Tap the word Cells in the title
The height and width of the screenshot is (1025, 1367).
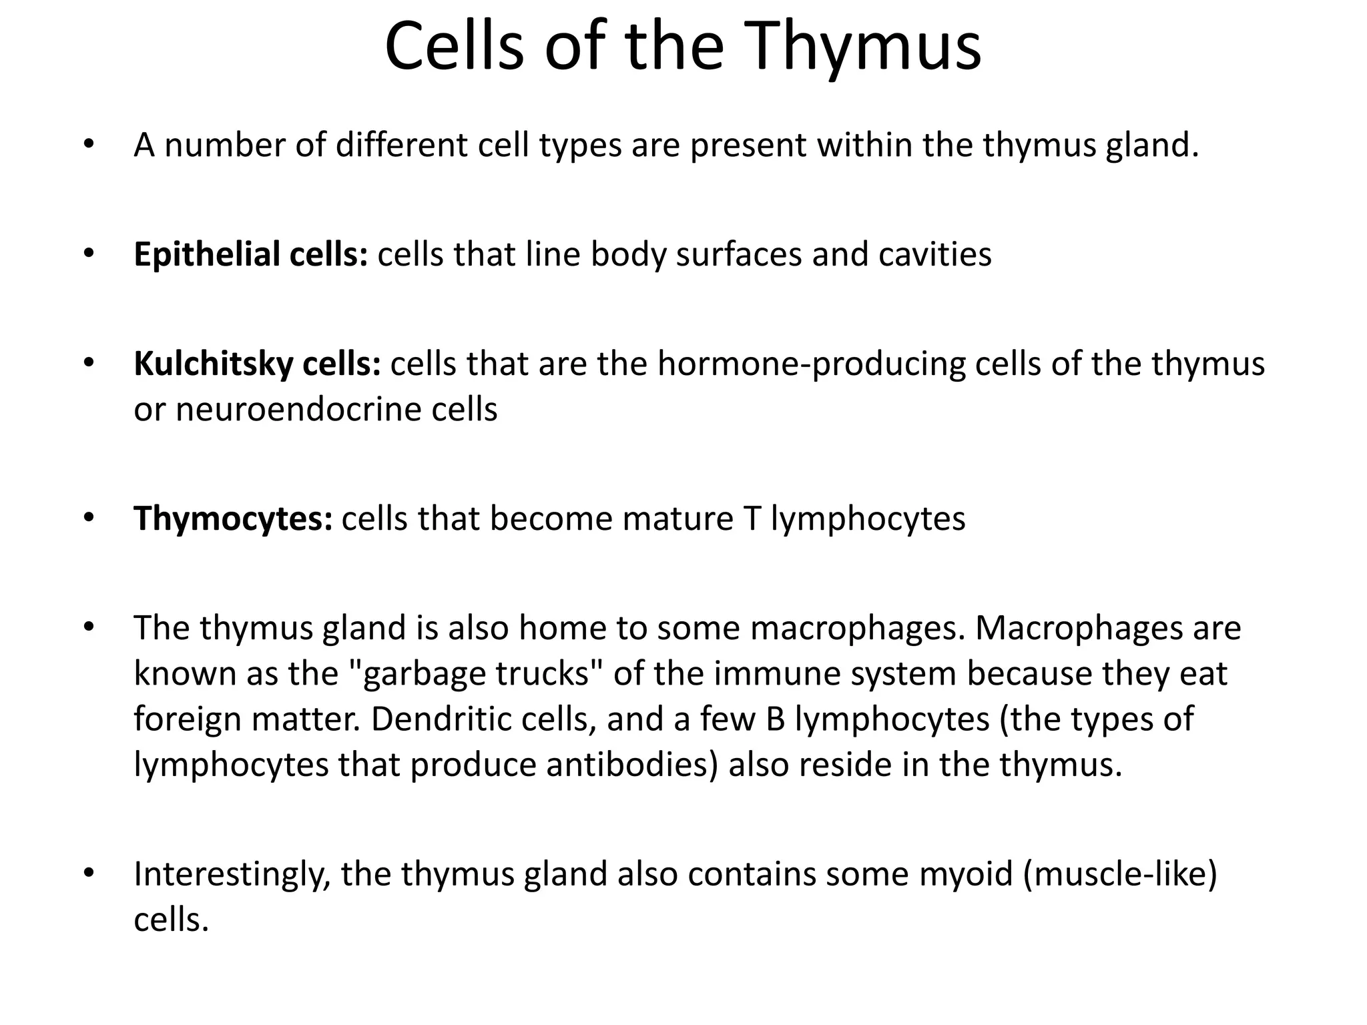click(x=454, y=47)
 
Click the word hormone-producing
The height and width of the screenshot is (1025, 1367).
click(x=812, y=365)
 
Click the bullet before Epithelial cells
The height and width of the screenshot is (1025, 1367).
click(x=89, y=255)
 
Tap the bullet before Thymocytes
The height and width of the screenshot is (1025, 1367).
click(x=89, y=519)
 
